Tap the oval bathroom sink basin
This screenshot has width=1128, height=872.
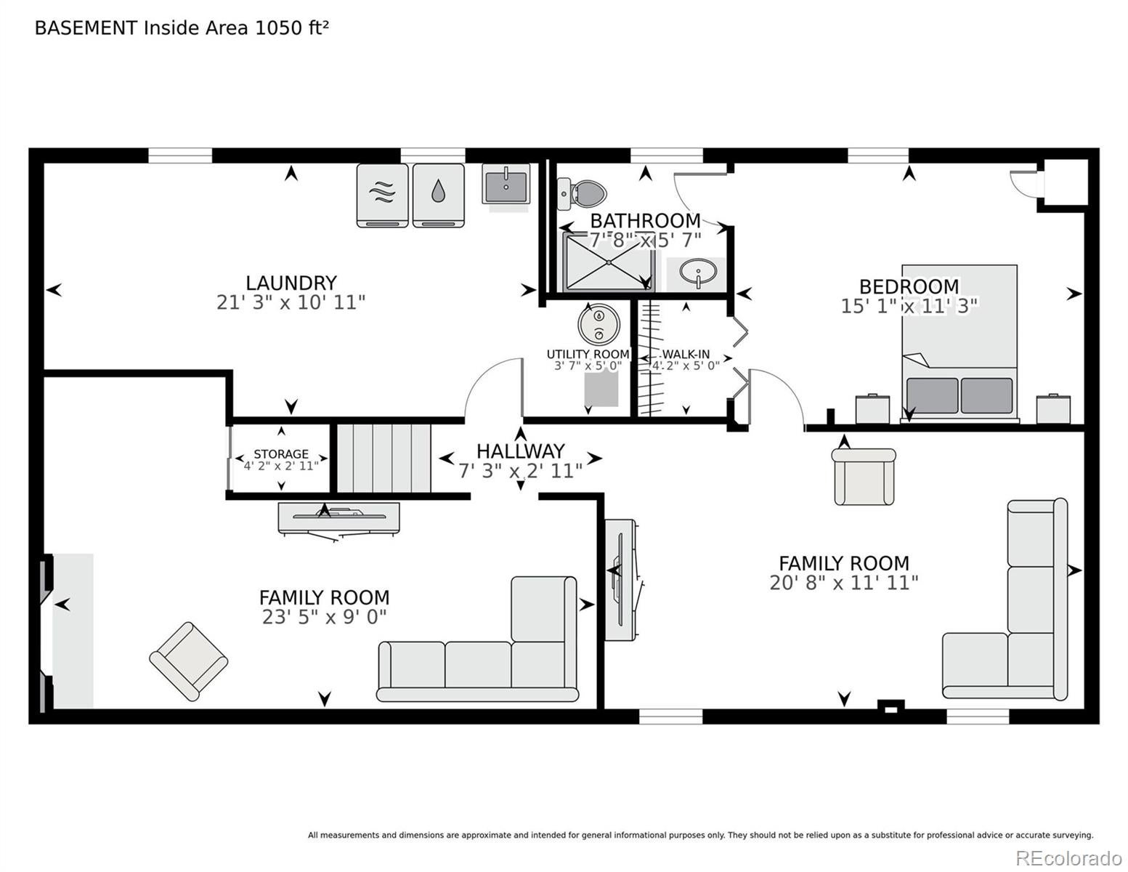(698, 272)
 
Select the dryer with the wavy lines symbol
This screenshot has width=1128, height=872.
(382, 195)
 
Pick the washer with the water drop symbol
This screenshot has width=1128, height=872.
(438, 195)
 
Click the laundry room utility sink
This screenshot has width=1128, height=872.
(506, 185)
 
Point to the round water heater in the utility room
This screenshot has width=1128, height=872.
(599, 323)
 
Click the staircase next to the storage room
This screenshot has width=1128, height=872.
(384, 458)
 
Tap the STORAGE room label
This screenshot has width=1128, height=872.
(281, 453)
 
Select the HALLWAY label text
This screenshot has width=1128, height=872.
(521, 451)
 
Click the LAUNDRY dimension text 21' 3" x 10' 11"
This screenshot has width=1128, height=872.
(291, 302)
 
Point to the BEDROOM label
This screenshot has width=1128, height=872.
(909, 286)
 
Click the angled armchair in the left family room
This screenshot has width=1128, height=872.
(188, 661)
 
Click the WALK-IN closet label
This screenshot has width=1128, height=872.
(686, 354)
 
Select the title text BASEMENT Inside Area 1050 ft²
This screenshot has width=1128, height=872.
(182, 28)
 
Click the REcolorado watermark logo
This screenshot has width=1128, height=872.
(1068, 857)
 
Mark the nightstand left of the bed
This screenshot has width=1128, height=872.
(872, 409)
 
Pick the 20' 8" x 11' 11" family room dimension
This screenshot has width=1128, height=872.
(843, 583)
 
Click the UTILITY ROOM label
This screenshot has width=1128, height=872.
(588, 354)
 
